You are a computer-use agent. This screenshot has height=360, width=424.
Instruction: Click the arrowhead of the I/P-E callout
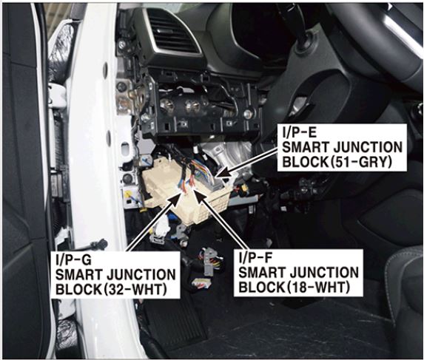223,172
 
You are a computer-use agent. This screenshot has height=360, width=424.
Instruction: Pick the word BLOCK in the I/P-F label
259,288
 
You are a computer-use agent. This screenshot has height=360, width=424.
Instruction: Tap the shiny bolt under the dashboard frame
248,114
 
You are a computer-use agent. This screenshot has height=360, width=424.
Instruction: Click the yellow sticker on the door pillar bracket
128,194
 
